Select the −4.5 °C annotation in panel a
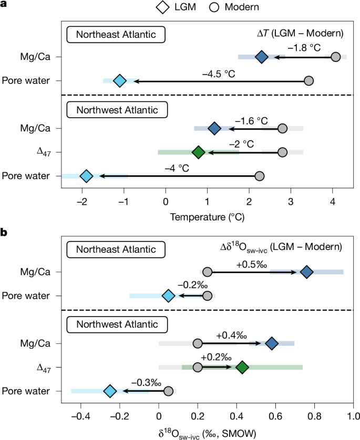[218, 74]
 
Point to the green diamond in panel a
[198, 152]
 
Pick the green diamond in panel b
[227, 367]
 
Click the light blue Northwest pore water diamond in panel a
[87, 176]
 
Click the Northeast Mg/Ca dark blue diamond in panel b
[307, 271]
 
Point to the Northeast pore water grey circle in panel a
[309, 81]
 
